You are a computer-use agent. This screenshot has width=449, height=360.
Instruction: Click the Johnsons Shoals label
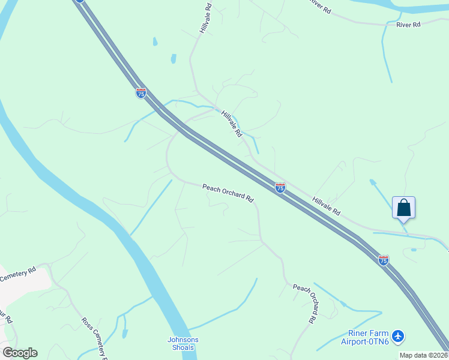(x=182, y=344)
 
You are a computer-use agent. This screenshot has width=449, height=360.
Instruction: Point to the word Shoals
(x=182, y=347)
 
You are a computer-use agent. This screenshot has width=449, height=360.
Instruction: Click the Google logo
(x=20, y=353)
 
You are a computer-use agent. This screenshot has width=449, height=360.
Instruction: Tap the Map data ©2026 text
(x=424, y=355)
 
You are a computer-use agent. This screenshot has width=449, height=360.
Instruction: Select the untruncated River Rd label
(x=408, y=25)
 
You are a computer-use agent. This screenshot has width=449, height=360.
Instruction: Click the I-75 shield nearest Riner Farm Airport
(x=384, y=260)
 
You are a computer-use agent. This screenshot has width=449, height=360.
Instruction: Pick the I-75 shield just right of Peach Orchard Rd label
(x=280, y=188)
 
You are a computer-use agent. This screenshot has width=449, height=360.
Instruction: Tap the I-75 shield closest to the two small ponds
(x=140, y=93)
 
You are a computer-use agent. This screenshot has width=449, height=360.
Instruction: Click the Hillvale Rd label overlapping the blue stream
(x=231, y=123)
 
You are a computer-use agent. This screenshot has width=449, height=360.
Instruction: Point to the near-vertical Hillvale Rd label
(x=206, y=19)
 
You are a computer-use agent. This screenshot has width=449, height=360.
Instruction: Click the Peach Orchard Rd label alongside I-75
(x=228, y=193)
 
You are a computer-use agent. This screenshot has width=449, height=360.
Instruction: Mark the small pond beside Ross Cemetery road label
(x=124, y=333)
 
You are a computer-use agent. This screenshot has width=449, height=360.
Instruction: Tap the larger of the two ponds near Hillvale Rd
(x=173, y=59)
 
